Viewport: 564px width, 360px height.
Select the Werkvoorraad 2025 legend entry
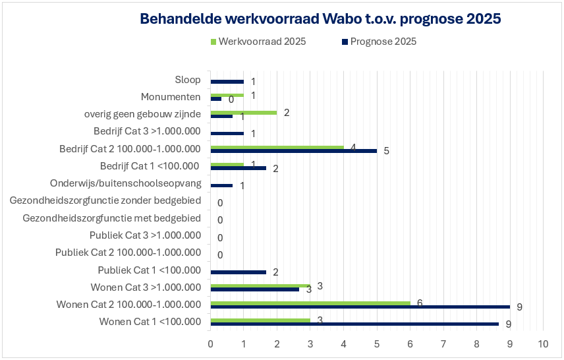258,42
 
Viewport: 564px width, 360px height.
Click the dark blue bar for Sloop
227,82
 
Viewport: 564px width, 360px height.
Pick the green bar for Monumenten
227,95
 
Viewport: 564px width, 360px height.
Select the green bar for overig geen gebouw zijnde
243,113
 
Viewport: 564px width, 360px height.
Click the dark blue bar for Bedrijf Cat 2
293,151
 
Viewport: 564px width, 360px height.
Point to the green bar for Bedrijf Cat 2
277,147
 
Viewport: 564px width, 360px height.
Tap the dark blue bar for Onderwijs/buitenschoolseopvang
221,185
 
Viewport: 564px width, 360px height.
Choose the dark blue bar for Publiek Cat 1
238,272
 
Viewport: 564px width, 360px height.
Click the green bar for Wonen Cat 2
310,303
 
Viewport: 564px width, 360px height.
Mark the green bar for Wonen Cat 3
260,285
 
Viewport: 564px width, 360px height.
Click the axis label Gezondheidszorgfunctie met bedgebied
111,218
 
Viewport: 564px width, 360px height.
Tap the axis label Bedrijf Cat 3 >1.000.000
147,131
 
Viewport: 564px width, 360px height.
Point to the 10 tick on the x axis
543,344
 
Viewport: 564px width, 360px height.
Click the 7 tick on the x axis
443,344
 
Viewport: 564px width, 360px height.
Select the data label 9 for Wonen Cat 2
519,307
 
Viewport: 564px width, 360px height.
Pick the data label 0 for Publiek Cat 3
220,238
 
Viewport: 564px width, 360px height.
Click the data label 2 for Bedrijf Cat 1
275,169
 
